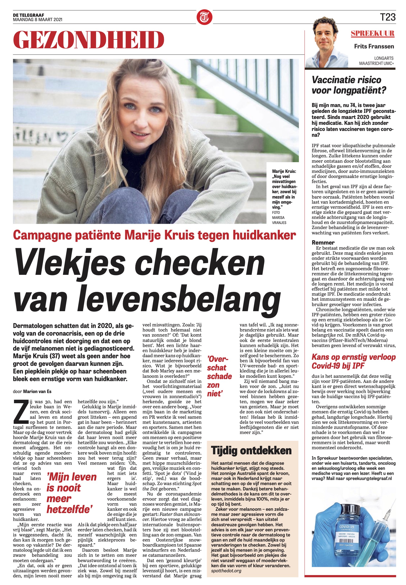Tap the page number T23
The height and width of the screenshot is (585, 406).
click(x=388, y=17)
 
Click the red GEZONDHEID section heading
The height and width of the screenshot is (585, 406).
click(x=88, y=40)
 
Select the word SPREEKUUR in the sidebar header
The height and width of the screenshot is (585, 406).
click(x=373, y=34)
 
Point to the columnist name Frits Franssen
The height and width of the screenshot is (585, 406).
click(x=374, y=46)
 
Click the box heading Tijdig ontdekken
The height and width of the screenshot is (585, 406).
click(x=251, y=450)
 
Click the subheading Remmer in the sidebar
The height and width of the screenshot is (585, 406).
click(x=323, y=243)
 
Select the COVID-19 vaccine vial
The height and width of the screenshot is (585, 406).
click(x=352, y=530)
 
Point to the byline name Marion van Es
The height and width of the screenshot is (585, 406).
click(x=37, y=391)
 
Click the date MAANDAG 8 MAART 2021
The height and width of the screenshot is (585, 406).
click(x=38, y=20)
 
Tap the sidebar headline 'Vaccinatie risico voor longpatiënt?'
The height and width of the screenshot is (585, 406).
click(x=349, y=85)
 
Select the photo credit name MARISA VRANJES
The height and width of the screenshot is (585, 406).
click(x=278, y=220)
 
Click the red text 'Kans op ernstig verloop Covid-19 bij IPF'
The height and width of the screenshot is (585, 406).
click(x=354, y=361)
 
